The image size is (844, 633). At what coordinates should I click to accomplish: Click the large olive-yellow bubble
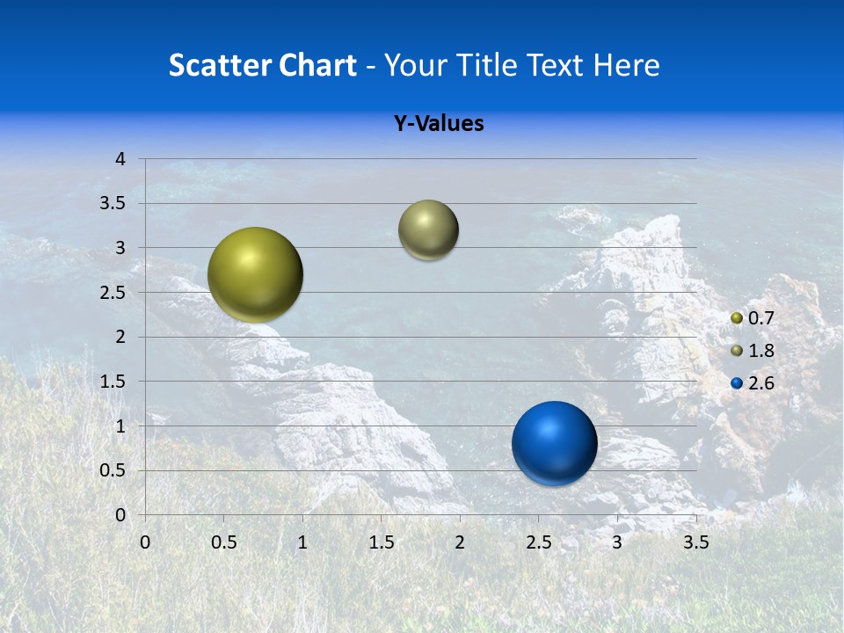pos(255,274)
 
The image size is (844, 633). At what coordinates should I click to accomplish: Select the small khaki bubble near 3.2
pos(428,230)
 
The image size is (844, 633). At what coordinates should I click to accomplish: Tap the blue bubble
pos(554,443)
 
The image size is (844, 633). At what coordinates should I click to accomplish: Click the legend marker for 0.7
pos(737,318)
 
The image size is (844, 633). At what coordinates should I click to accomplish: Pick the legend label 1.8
pos(760,351)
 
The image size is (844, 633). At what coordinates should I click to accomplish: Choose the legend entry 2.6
pos(760,383)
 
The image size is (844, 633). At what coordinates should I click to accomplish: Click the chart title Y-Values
pos(438,124)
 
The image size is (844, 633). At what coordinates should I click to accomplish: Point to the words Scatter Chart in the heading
pos(262,65)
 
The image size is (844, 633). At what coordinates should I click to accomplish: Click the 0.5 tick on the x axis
pos(223,542)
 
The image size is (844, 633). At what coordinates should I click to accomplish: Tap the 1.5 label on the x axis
pos(381,542)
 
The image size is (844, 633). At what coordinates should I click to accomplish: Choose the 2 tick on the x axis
pos(460,542)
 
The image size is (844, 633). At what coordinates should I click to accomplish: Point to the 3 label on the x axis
pos(617,542)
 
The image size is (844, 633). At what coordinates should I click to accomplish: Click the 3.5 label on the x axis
pos(695,542)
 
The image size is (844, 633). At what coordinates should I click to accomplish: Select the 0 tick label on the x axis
pos(145,542)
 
